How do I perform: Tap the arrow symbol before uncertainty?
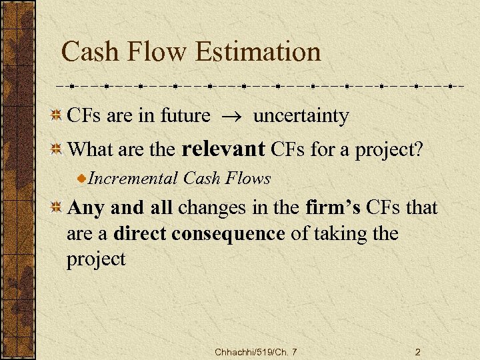[231, 117]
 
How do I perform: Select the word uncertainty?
[301, 116]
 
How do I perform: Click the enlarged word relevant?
[223, 148]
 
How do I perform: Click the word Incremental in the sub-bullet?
[133, 178]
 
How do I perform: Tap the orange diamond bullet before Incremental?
[82, 179]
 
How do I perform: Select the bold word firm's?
[333, 208]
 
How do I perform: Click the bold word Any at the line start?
[84, 208]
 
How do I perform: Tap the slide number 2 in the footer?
[417, 351]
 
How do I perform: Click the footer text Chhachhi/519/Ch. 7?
[256, 351]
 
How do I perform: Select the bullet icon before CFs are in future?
[58, 116]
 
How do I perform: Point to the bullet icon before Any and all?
[58, 208]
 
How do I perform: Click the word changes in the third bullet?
[211, 209]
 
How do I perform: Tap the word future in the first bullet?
[185, 116]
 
